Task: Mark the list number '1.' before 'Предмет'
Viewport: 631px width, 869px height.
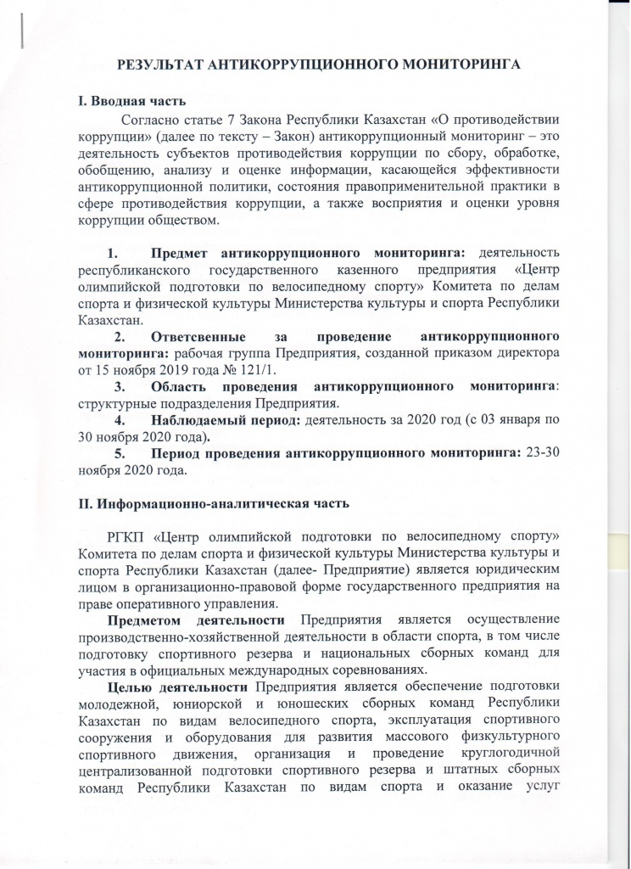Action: (114, 253)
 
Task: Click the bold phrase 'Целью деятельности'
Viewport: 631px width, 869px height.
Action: (179, 687)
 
